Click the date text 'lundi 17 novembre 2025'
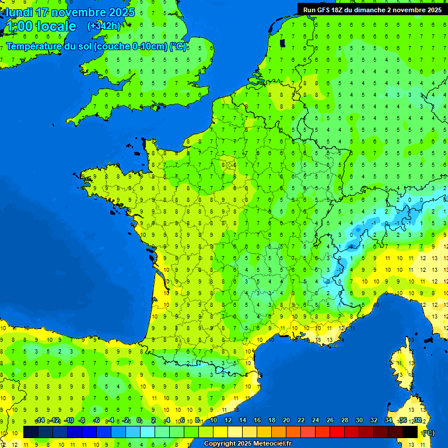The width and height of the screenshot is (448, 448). coord(70,12)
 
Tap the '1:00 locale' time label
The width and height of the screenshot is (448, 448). coord(40,26)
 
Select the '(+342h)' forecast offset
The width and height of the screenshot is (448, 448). coord(104,26)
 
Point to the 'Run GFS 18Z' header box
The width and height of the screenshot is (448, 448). coord(372,9)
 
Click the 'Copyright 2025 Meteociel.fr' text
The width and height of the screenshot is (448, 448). coord(247,444)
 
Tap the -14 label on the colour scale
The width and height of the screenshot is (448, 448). coord(40,421)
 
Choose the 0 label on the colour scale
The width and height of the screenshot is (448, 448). coord(139,421)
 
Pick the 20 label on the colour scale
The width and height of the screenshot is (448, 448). coord(286,421)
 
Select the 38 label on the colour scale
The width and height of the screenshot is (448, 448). coord(418,421)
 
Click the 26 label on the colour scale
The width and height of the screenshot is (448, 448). coord(330,421)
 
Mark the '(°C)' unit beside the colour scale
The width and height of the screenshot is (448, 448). coord(428,433)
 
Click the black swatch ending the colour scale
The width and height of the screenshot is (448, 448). coord(410,432)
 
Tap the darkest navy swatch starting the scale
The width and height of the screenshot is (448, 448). coord(31,432)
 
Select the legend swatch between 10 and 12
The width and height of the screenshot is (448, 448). coord(220,432)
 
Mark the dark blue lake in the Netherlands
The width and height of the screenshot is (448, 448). coord(283,43)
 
